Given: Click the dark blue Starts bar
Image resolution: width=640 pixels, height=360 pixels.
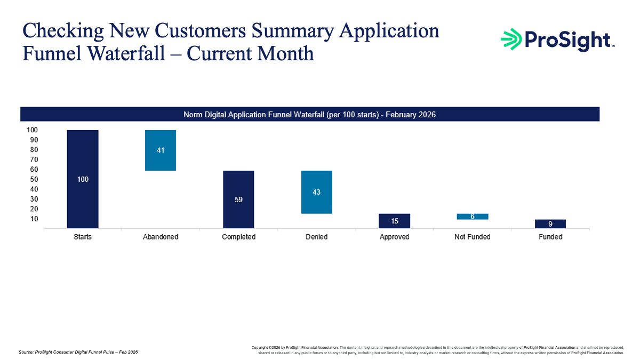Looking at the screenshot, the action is [83, 179].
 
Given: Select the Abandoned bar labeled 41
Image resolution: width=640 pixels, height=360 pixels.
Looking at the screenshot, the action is [161, 150].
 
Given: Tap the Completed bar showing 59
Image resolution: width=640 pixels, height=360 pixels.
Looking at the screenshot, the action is [238, 199].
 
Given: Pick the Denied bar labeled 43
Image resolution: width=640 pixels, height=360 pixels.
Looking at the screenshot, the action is [317, 192].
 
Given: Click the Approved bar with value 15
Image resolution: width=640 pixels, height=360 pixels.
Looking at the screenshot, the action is [394, 221].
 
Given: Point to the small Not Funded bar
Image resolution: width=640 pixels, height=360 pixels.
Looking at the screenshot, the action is [473, 217].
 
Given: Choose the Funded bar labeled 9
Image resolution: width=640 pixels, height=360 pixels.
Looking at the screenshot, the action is [550, 224].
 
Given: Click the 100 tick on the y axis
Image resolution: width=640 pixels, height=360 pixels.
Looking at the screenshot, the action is [32, 130].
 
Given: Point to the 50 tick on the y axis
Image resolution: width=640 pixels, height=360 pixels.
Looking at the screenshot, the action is [34, 179].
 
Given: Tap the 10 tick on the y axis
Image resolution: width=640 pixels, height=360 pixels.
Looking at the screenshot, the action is [34, 219].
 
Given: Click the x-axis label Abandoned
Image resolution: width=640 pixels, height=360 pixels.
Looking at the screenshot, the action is [161, 237].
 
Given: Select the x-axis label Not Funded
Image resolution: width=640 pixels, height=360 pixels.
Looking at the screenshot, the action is [473, 237].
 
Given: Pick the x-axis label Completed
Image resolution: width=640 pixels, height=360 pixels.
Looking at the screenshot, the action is [238, 237].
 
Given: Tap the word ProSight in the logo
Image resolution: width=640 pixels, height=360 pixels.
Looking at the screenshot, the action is [567, 41].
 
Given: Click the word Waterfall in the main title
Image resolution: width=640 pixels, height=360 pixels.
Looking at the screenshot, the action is [126, 53].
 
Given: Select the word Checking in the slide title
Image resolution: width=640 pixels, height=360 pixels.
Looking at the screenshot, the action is [63, 31].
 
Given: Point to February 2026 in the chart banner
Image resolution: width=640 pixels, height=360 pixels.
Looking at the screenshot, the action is [411, 115].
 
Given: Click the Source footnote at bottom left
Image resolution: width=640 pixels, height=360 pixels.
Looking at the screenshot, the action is [78, 352].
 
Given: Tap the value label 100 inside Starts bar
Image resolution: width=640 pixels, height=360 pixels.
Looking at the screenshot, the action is [83, 179].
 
